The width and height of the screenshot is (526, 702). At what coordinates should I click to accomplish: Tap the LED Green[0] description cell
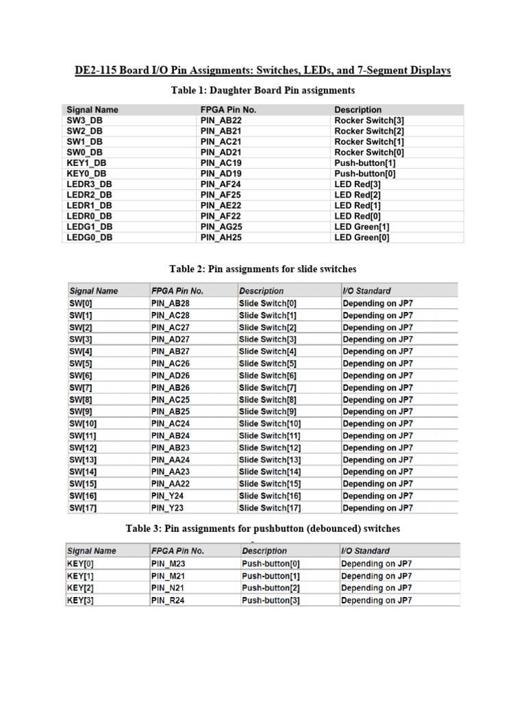pyautogui.click(x=362, y=237)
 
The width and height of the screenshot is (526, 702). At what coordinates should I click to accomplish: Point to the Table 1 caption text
pyautogui.click(x=262, y=90)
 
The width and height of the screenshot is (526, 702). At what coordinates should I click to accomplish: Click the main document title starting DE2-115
pyautogui.click(x=262, y=71)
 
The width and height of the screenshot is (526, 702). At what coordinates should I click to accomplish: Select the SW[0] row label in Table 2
pyautogui.click(x=80, y=303)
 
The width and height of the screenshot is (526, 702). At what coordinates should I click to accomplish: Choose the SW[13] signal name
pyautogui.click(x=83, y=460)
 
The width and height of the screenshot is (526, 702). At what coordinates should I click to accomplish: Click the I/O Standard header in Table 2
pyautogui.click(x=366, y=291)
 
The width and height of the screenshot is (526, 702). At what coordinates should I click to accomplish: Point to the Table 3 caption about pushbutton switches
pyautogui.click(x=262, y=529)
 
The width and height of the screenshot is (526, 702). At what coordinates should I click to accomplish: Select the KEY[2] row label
pyautogui.click(x=80, y=588)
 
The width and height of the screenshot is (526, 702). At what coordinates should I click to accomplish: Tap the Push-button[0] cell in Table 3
pyautogui.click(x=271, y=564)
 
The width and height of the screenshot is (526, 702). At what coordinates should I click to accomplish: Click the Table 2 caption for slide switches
pyautogui.click(x=262, y=269)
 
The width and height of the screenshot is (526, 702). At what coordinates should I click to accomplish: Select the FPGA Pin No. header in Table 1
pyautogui.click(x=228, y=110)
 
